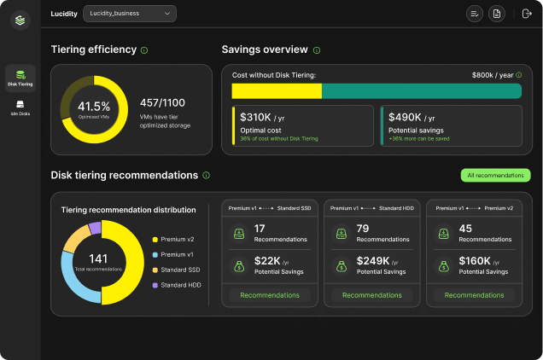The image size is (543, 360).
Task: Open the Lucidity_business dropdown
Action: (x=130, y=14)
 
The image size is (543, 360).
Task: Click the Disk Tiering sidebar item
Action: (x=20, y=78)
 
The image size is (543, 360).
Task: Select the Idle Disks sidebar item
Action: (x=20, y=108)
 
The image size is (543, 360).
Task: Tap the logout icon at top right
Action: (x=526, y=14)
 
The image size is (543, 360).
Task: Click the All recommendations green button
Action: (x=495, y=175)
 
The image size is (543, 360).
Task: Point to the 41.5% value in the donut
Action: (x=93, y=106)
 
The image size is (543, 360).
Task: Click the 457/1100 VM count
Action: (x=162, y=102)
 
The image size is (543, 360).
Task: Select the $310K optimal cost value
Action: (x=255, y=117)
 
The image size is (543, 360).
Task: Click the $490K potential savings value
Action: (x=406, y=117)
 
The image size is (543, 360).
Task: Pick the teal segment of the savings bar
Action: (x=421, y=90)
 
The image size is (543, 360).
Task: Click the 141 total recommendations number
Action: (x=99, y=258)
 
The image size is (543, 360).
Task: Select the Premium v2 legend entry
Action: (x=177, y=239)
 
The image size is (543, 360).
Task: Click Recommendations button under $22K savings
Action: (x=270, y=295)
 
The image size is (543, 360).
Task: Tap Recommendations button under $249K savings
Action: (x=372, y=295)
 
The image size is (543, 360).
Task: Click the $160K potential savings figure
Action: (x=474, y=261)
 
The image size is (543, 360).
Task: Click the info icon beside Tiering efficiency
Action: (x=143, y=50)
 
